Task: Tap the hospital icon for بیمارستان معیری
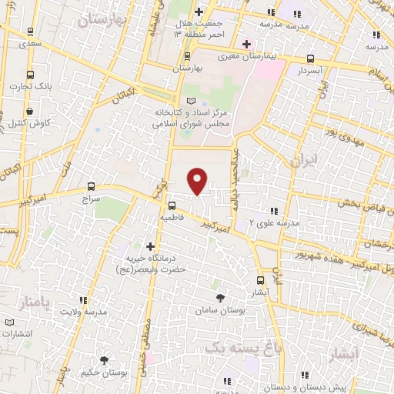246,44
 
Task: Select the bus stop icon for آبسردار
310,58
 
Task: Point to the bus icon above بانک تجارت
30,75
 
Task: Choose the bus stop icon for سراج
92,185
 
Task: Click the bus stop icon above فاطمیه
172,205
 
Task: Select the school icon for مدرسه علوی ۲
273,210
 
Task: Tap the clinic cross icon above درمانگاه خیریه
149,245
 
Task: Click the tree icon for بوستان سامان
221,297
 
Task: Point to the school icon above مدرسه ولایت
82,300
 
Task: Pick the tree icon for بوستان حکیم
104,360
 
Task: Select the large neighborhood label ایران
300,161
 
